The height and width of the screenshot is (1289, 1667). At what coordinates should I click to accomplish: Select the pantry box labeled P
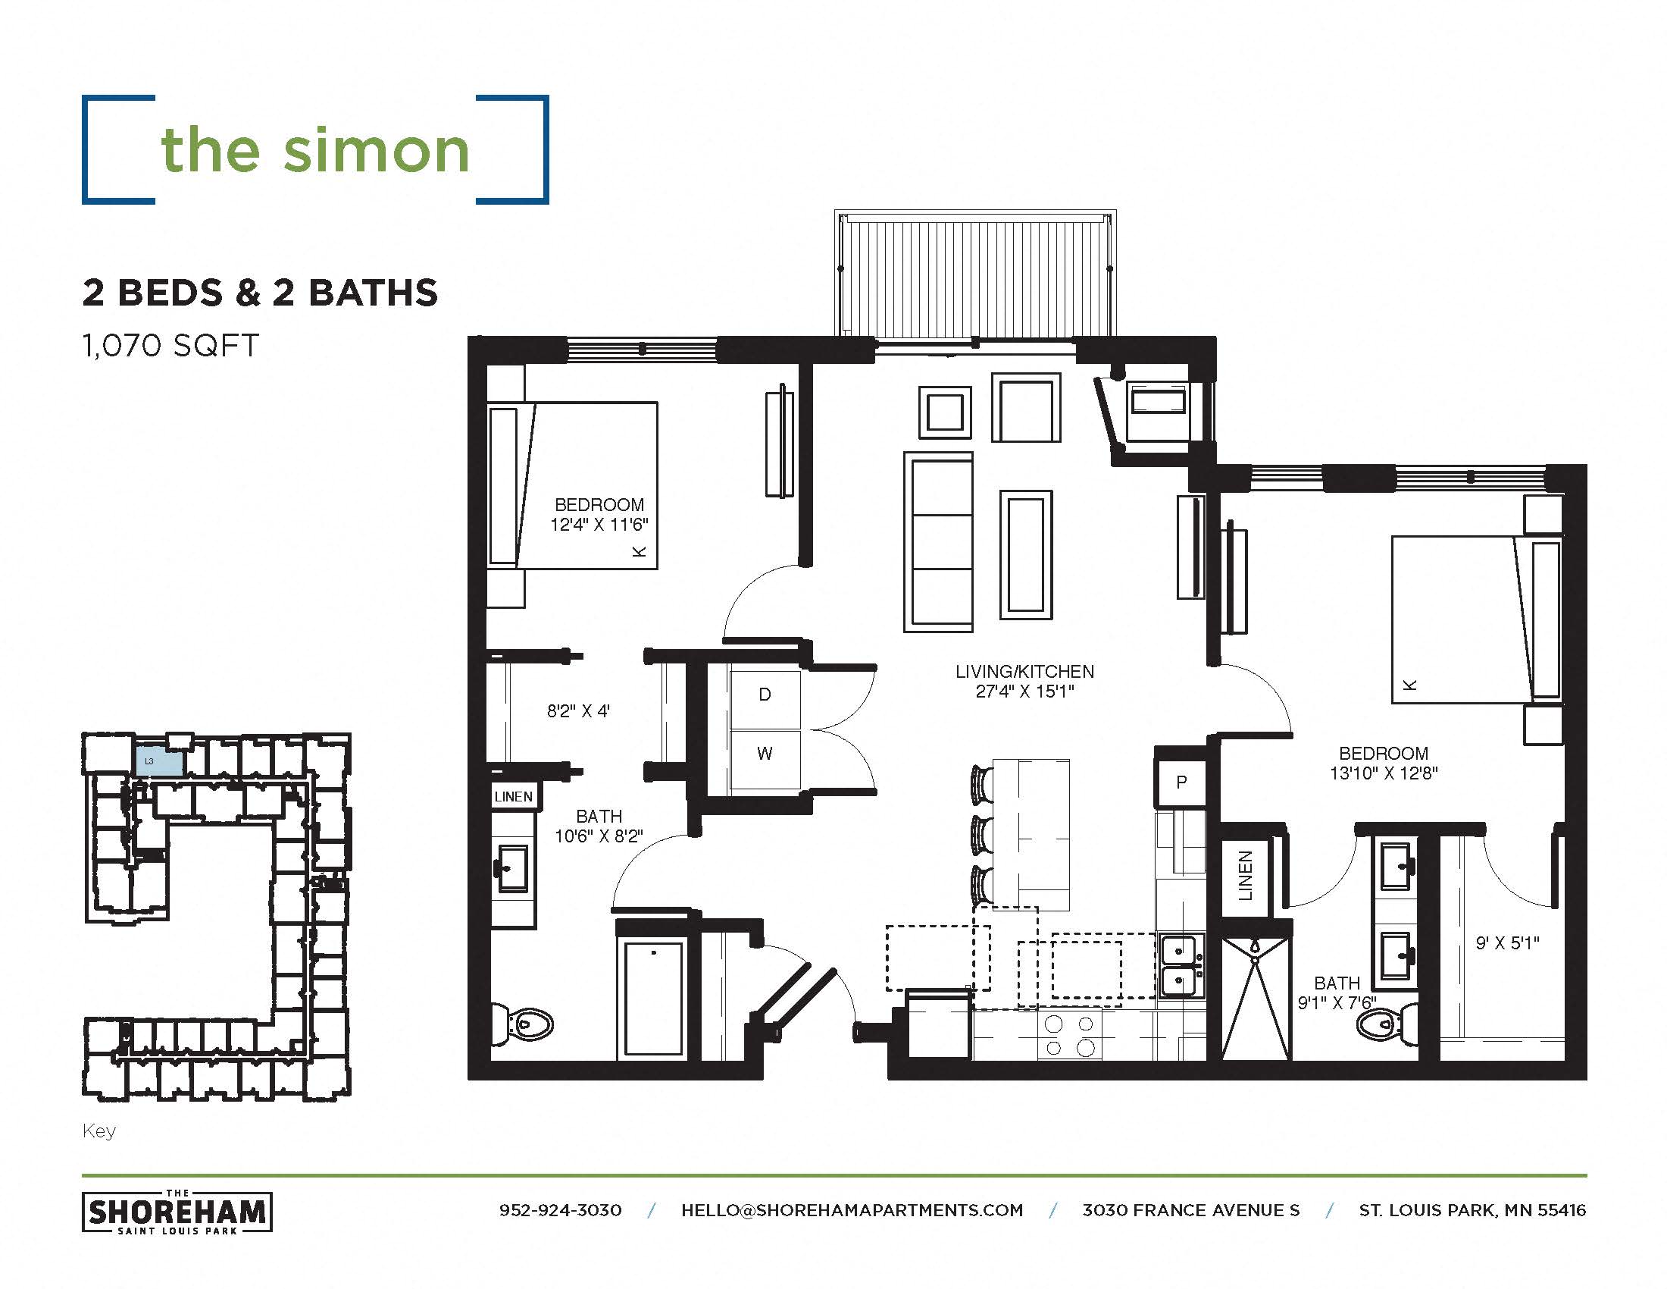click(1181, 782)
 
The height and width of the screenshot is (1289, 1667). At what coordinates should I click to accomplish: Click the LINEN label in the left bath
click(513, 796)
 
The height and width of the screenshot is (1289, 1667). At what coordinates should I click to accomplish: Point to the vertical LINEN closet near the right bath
click(1245, 876)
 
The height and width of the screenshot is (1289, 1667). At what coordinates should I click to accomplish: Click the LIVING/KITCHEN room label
click(1024, 672)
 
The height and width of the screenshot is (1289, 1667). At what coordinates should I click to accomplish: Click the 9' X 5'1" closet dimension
click(1506, 943)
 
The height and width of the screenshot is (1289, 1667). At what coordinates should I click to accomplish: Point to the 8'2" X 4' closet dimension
click(578, 712)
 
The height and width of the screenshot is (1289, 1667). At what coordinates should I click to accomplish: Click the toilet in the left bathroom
click(526, 1024)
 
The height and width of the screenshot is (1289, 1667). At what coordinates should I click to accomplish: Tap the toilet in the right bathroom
click(1389, 1024)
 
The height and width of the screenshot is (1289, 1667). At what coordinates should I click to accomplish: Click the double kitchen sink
click(1179, 965)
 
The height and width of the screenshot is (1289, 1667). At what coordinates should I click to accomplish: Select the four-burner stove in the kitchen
click(1068, 1036)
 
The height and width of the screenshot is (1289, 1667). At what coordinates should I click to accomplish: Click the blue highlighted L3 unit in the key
click(160, 762)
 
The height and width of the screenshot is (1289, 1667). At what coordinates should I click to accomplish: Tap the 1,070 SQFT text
click(170, 346)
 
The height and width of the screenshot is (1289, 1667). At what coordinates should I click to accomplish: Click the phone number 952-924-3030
click(560, 1210)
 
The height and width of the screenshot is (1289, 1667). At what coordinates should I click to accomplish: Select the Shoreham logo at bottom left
click(177, 1212)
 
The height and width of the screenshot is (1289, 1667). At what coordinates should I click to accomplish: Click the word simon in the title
click(376, 149)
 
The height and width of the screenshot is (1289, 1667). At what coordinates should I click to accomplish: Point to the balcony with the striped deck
click(974, 274)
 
